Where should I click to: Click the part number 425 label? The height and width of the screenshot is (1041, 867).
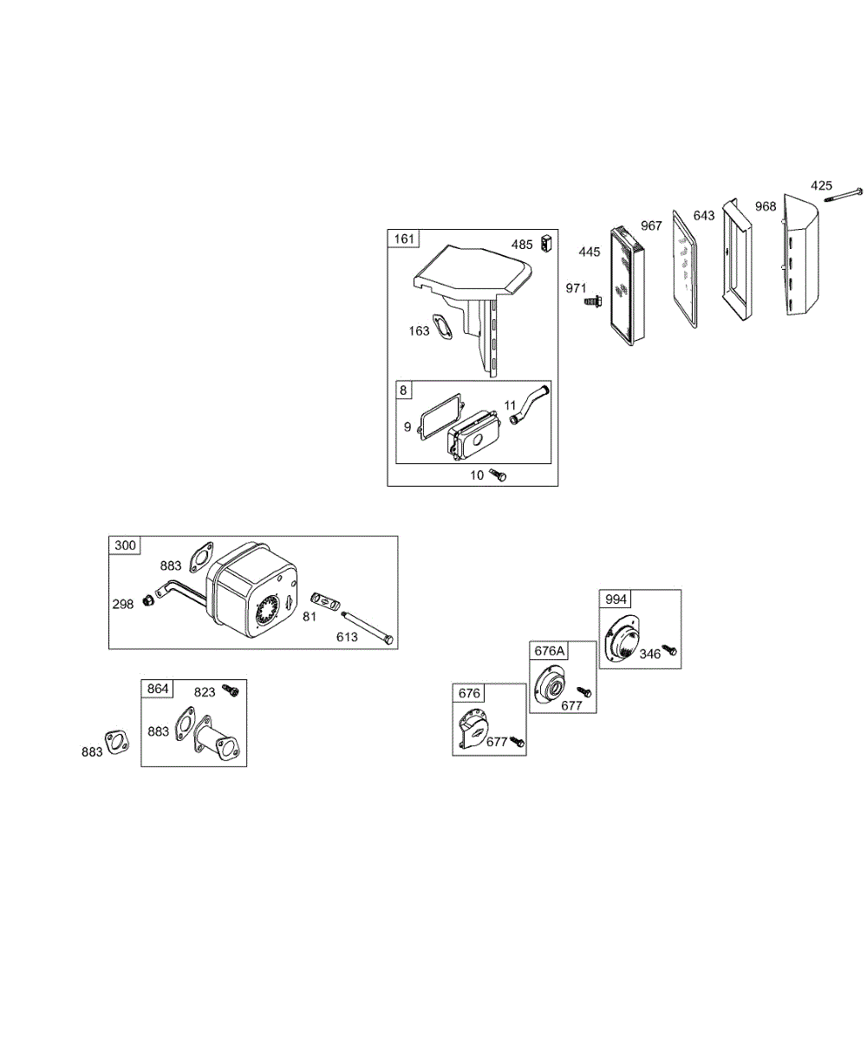tap(822, 185)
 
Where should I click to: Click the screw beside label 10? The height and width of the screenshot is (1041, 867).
tap(499, 475)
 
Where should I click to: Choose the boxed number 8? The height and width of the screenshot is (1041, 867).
tap(404, 390)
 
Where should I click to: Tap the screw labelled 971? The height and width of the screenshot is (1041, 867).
tap(594, 301)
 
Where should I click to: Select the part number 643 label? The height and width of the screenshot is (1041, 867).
tap(705, 214)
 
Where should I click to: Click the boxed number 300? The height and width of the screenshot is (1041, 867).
tap(125, 545)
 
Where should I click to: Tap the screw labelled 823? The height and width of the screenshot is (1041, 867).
tap(231, 690)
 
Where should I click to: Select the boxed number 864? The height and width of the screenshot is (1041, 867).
tap(158, 689)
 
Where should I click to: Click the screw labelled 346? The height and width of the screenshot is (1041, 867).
tap(668, 648)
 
